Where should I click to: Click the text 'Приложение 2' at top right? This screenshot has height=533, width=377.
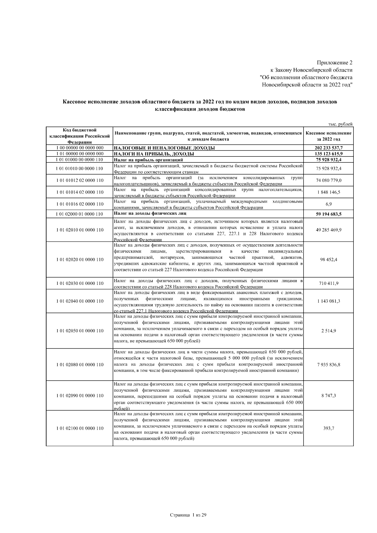[334, 63]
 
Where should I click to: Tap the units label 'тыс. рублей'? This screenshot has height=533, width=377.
[340, 124]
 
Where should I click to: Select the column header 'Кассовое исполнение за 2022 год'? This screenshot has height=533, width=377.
[328, 136]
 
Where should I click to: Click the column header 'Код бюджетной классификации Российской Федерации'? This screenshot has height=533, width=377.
[79, 136]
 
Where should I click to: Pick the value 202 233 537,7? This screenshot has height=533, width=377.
[329, 148]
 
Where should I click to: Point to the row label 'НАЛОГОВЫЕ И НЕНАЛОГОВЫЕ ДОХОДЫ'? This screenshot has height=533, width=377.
[164, 148]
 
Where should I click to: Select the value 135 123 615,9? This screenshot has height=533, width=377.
[329, 154]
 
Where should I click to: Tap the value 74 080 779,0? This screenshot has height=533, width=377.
[329, 180]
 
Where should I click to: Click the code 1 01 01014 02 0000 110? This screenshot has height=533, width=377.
[79, 192]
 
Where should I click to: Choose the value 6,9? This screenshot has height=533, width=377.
[329, 204]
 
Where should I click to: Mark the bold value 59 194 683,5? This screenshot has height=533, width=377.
[329, 214]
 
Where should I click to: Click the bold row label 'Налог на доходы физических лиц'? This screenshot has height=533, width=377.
[150, 214]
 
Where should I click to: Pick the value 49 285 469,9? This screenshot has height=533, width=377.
[329, 230]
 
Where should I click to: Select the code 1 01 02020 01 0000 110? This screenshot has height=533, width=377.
[79, 259]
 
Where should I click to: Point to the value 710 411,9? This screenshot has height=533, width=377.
[329, 283]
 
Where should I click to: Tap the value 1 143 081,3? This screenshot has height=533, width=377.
[329, 301]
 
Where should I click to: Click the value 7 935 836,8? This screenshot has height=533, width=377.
[329, 365]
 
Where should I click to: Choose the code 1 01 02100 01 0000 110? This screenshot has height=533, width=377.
[79, 428]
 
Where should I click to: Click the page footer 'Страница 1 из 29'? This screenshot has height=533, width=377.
[188, 515]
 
